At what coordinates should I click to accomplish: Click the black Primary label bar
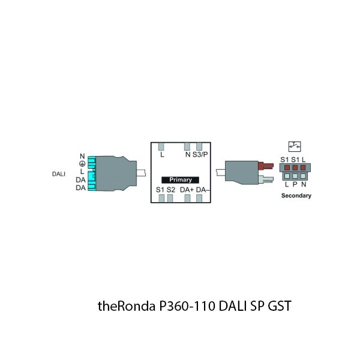pyautogui.click(x=181, y=179)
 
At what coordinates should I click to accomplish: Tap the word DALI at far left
pyautogui.click(x=58, y=175)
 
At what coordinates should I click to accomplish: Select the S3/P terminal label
pyautogui.click(x=200, y=154)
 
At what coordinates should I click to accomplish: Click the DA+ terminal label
pyautogui.click(x=187, y=190)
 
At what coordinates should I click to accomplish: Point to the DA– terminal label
pyautogui.click(x=202, y=190)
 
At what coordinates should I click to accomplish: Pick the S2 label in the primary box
pyautogui.click(x=171, y=190)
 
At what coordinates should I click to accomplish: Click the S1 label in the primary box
pyautogui.click(x=160, y=190)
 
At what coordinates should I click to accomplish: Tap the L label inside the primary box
pyautogui.click(x=162, y=154)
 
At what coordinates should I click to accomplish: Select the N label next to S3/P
pyautogui.click(x=188, y=154)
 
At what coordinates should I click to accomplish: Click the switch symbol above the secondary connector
pyautogui.click(x=295, y=146)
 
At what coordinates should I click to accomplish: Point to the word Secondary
pyautogui.click(x=296, y=196)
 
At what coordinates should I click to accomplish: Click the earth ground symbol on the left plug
pyautogui.click(x=82, y=163)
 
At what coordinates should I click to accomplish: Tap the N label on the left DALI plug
pyautogui.click(x=82, y=157)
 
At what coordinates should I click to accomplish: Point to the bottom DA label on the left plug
pyautogui.click(x=80, y=188)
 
